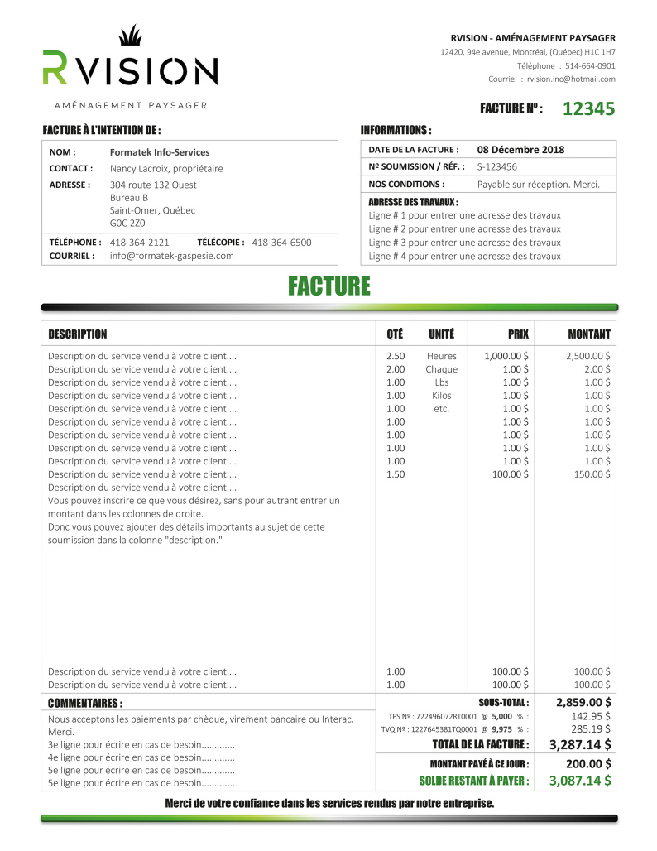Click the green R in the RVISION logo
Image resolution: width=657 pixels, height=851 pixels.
click(55, 69)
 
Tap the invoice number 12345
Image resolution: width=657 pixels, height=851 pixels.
click(588, 108)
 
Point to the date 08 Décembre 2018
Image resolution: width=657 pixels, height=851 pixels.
click(520, 150)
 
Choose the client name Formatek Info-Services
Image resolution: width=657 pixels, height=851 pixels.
click(160, 152)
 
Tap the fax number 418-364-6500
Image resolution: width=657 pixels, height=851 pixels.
click(281, 243)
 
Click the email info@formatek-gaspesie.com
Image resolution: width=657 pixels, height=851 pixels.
click(172, 256)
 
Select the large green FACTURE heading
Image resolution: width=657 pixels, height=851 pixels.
click(329, 286)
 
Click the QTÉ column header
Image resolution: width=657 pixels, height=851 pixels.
click(395, 334)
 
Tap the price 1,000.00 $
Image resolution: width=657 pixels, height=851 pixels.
click(506, 356)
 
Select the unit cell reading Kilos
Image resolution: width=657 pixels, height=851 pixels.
click(441, 396)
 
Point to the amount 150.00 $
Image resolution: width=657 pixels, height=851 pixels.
click(592, 474)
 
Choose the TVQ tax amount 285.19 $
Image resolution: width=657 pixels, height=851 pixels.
click(591, 729)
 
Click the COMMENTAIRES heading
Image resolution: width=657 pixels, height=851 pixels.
click(85, 704)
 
